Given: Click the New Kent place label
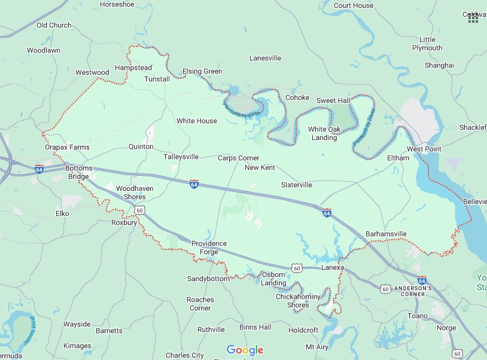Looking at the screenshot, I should click(260, 167).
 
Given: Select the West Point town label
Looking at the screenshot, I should click(424, 148).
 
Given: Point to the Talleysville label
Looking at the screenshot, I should click(181, 157).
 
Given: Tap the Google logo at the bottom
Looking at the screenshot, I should click(245, 350).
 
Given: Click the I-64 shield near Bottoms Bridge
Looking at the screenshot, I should click(39, 169).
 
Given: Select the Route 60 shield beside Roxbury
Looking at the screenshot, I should click(139, 210).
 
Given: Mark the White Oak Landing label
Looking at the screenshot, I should click(322, 133).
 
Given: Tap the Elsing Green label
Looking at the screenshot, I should click(202, 71).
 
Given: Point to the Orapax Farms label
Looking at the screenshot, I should click(67, 147).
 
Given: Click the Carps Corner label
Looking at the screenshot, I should click(238, 158).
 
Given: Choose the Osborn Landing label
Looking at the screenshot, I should click(273, 279).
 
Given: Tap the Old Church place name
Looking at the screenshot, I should click(54, 25).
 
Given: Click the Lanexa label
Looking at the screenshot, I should click(333, 267).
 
